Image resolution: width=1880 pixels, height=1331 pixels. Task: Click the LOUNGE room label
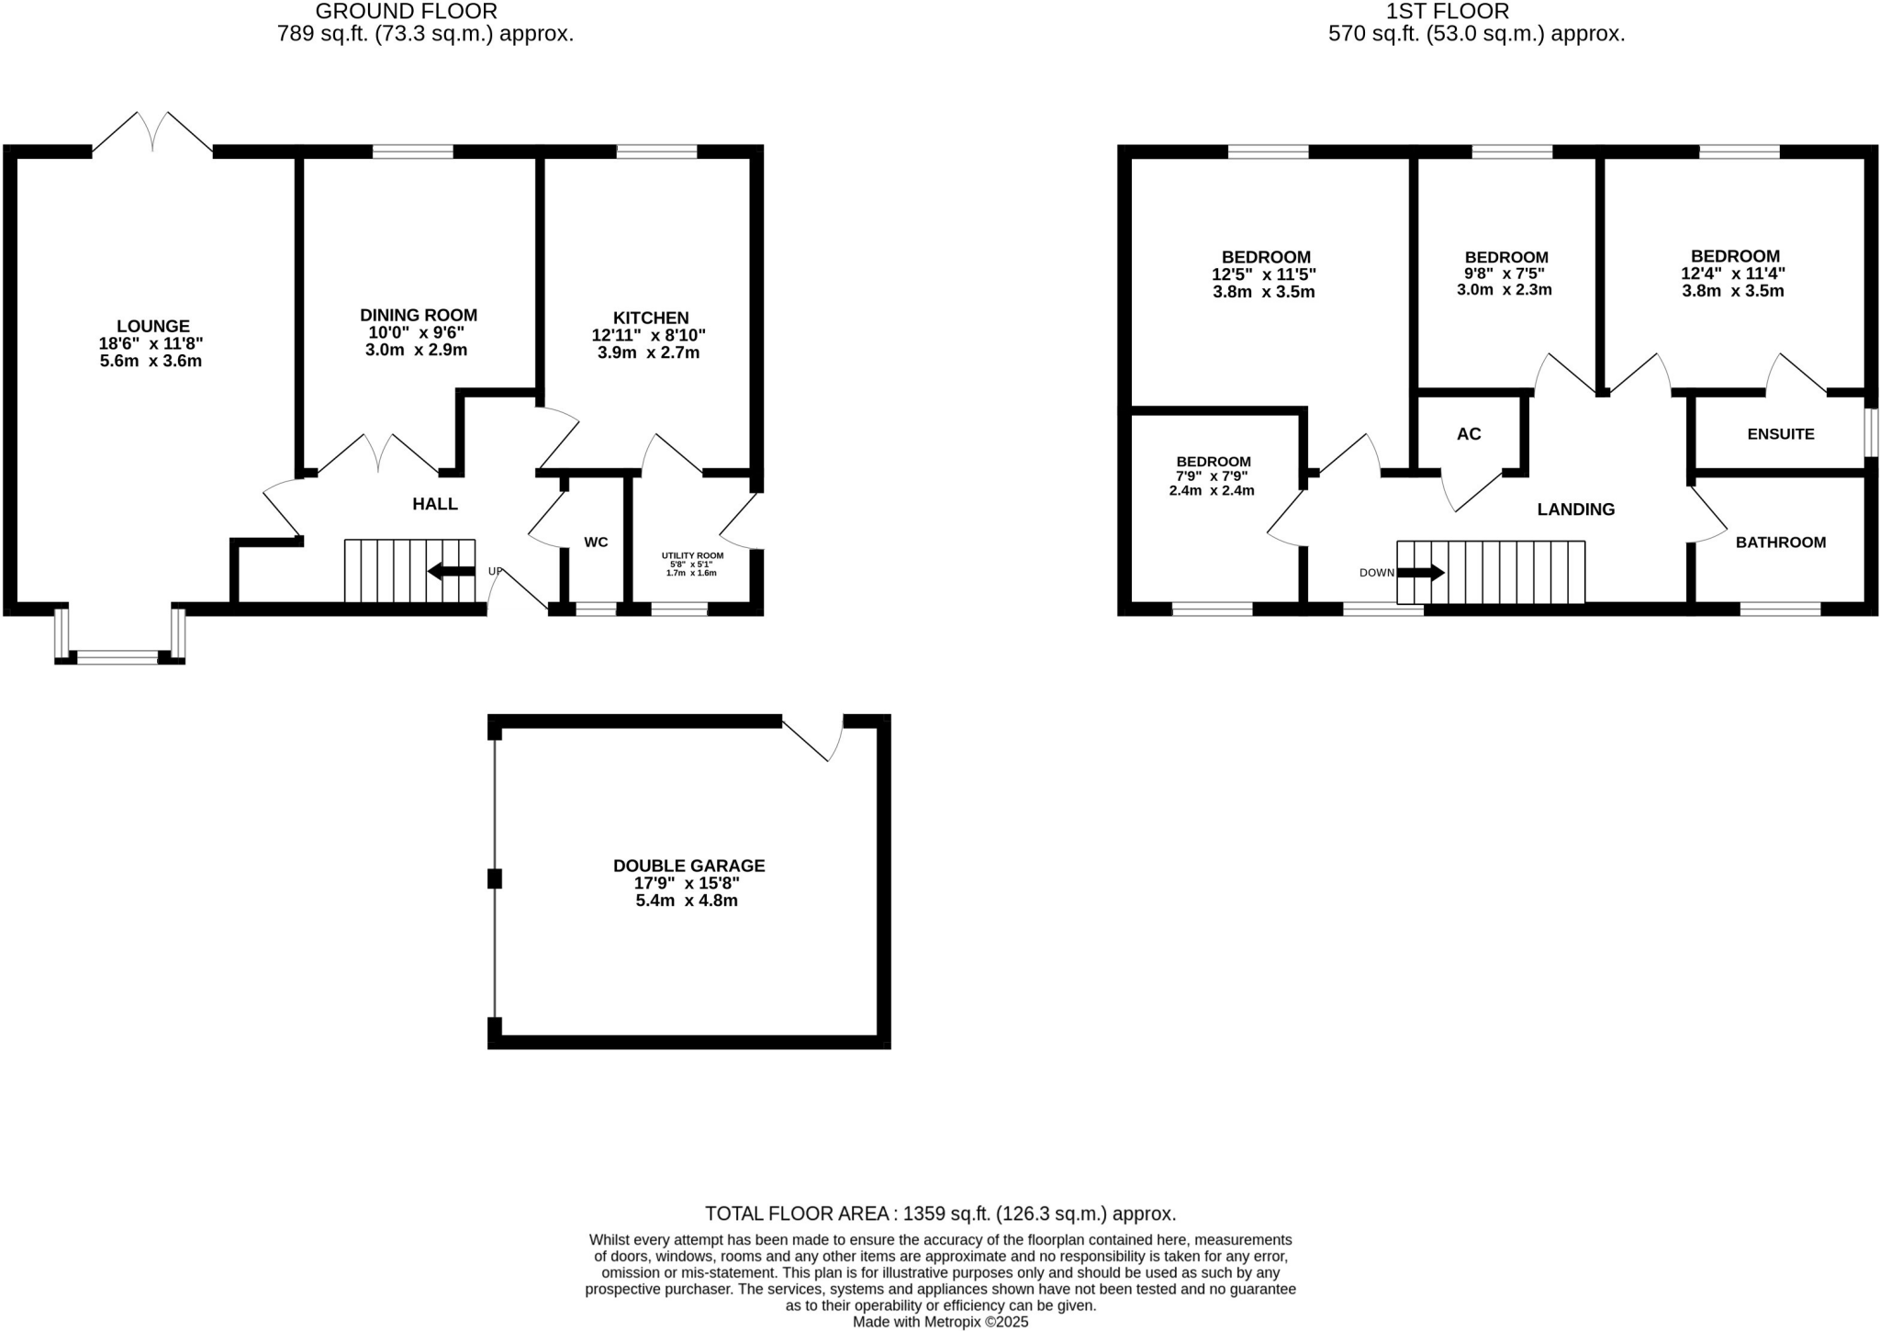pos(152,326)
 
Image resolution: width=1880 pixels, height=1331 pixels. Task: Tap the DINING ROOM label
pos(418,315)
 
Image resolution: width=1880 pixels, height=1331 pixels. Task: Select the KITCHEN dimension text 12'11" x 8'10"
pos(648,336)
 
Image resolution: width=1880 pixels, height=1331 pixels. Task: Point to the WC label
pos(596,542)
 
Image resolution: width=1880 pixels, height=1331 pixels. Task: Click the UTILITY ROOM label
pos(692,555)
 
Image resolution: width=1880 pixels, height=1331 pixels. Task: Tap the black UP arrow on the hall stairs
pos(451,572)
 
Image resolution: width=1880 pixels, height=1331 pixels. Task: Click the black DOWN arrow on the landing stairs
pos(1420,573)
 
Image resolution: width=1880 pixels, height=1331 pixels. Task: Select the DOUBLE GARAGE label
pos(688,866)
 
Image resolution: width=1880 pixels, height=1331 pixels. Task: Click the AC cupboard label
pos(1469,434)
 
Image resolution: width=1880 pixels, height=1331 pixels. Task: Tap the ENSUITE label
pos(1780,434)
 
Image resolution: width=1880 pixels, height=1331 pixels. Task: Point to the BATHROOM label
pos(1780,542)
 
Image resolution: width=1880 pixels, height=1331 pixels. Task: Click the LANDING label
pos(1575,509)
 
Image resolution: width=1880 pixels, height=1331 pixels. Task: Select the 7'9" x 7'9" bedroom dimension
pos(1213,476)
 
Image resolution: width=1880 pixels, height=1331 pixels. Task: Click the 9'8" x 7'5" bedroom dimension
pos(1505,274)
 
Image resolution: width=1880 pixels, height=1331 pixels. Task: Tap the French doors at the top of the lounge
pos(152,134)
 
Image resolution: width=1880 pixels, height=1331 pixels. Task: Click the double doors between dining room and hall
pos(378,454)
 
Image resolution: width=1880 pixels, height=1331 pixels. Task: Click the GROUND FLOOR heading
pos(406,12)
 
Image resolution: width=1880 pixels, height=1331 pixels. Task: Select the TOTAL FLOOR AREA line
pos(940,1214)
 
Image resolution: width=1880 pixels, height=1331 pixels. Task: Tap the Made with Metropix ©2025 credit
pos(940,1323)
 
